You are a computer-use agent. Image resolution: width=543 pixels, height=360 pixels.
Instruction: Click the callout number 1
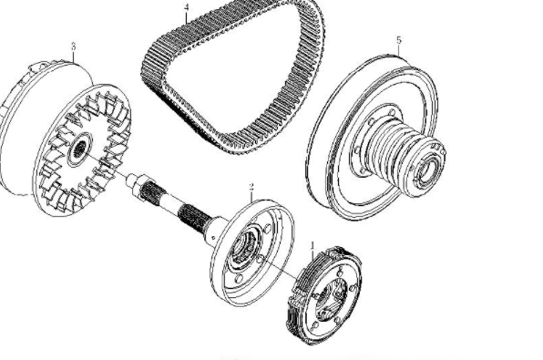point(313,244)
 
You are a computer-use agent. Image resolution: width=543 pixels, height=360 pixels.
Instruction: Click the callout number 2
point(251,188)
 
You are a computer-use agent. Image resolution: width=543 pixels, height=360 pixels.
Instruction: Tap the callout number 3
point(72,45)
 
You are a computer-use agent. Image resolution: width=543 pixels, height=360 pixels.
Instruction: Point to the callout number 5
point(398,40)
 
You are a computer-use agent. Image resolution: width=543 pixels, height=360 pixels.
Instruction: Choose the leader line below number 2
point(251,200)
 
